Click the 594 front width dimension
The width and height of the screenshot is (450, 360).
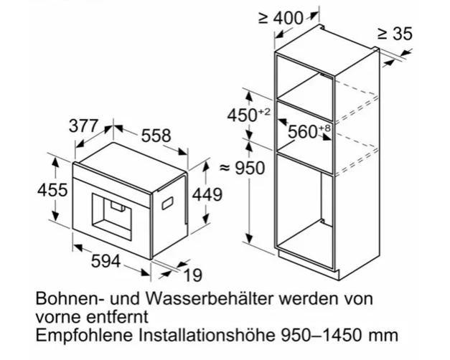106,262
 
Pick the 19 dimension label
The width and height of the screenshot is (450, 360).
191,276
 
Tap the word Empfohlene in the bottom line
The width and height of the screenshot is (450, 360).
77,333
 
